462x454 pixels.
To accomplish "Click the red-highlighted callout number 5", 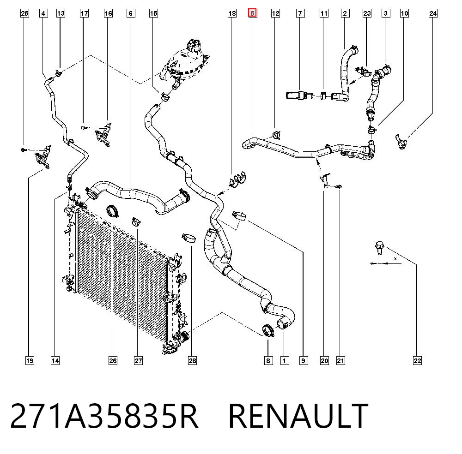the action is (253, 13).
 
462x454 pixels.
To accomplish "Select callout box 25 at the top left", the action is (25, 13).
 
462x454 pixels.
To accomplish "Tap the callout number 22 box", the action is (417, 360).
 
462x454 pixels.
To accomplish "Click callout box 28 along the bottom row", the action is (192, 360).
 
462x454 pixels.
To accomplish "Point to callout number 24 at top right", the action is (433, 13).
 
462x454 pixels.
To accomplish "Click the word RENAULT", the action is (298, 416).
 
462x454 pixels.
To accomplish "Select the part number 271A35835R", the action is (104, 416).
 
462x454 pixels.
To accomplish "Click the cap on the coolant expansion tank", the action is (193, 45).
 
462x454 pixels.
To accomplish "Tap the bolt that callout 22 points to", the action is (379, 248).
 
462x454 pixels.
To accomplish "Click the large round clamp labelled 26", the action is (112, 211).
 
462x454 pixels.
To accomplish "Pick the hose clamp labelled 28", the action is (189, 238).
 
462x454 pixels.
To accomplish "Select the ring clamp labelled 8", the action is (268, 330).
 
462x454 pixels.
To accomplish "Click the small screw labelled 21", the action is (339, 186).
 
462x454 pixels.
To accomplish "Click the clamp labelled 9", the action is (239, 215).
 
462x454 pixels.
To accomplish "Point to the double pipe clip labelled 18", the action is (238, 179).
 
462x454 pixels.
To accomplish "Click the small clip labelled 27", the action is (136, 221).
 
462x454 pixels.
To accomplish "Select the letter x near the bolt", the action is (395, 259).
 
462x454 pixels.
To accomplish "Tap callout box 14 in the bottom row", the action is (55, 360).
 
